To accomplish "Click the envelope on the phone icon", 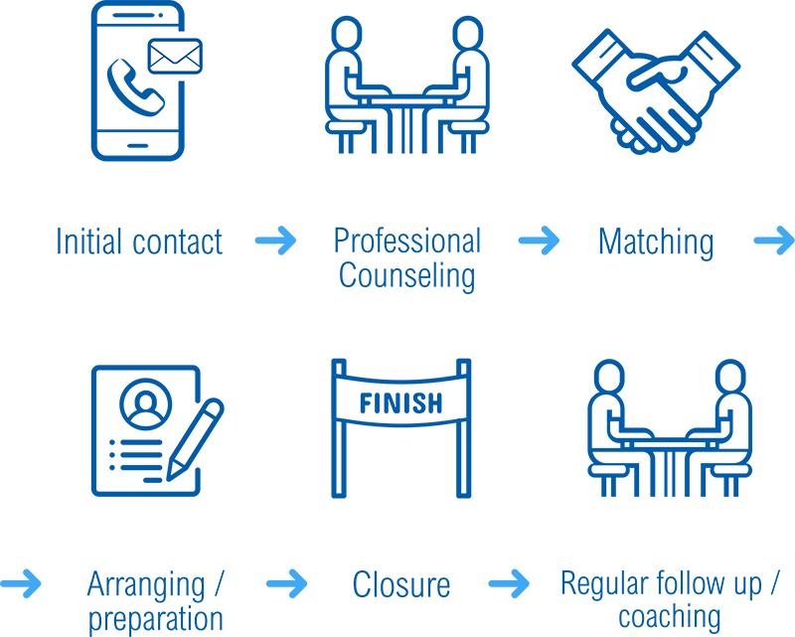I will click(175, 56).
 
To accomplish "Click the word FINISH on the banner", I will click(400, 403).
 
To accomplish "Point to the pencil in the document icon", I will click(195, 438).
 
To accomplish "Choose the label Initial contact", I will click(139, 241).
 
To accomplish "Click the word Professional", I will click(406, 241).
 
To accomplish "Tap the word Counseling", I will click(406, 275).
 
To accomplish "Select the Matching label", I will click(656, 241).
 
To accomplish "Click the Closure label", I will click(400, 585).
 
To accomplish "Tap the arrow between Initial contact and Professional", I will click(275, 239).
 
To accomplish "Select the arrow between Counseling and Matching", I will click(538, 239).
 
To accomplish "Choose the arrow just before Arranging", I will click(21, 583).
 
